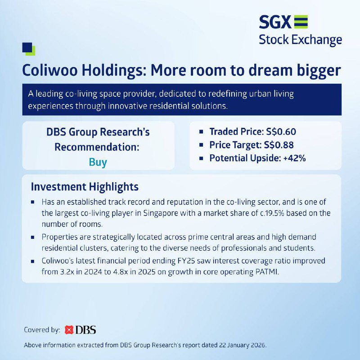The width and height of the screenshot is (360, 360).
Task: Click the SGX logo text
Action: pos(275,22)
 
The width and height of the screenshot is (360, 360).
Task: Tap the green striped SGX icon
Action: pos(301,22)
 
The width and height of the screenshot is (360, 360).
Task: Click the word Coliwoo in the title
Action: pos(50,70)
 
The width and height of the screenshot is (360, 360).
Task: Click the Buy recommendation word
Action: pos(98,162)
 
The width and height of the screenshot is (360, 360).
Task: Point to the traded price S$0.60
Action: pos(281,132)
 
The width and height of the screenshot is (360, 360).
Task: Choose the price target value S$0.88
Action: pos(279,145)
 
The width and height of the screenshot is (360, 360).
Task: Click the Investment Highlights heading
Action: pos(85,187)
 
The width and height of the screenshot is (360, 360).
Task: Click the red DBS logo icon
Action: pos(69,330)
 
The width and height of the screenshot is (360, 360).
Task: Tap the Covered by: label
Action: pos(42,330)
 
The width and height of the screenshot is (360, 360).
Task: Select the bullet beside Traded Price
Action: pos(201,132)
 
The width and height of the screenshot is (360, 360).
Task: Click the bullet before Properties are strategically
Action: pos(32,238)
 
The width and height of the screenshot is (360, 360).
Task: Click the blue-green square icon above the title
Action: pos(29,49)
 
